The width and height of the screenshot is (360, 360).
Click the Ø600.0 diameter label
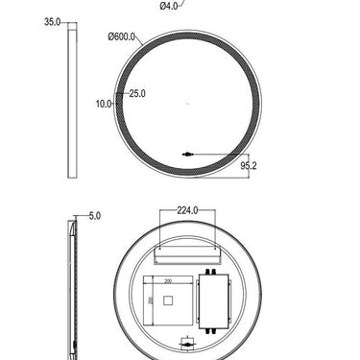[x=123, y=37]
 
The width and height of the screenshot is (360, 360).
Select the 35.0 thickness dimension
[x=53, y=20]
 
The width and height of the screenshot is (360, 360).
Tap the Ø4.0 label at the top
[x=169, y=6]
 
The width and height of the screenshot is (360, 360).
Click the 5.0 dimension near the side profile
[x=94, y=217]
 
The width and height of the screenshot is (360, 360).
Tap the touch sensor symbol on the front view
[x=188, y=152]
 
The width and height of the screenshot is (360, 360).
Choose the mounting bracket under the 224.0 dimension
[x=188, y=254]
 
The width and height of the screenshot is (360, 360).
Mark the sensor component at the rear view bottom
[x=188, y=341]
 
